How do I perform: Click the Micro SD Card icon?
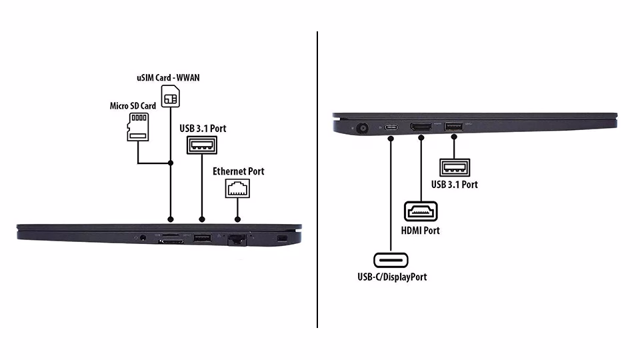[x=137, y=126]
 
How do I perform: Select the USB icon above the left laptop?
[x=202, y=145]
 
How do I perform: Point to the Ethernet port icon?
[x=237, y=188]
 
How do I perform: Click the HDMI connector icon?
[x=421, y=212]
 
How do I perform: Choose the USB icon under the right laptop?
[x=454, y=167]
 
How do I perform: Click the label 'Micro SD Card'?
[x=133, y=106]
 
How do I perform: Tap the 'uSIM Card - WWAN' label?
[x=168, y=77]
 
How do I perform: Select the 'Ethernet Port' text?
[x=238, y=171]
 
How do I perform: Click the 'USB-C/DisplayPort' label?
[x=392, y=276]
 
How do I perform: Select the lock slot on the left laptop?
[x=281, y=238]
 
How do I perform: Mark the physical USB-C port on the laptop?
[x=391, y=126]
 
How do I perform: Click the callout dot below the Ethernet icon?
[x=237, y=219]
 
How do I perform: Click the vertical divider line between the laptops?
[x=317, y=180]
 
